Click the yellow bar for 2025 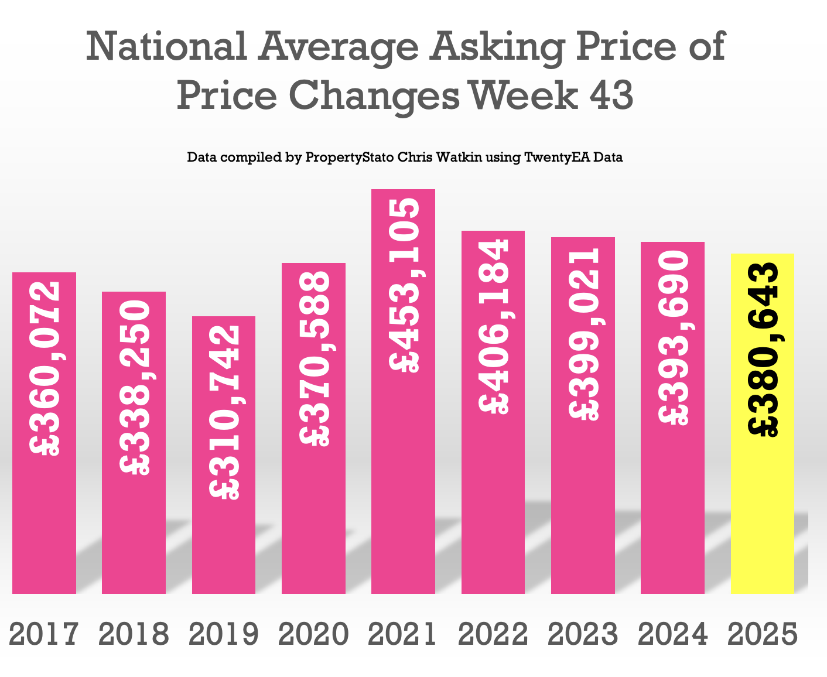(x=763, y=498)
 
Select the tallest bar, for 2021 (x=404, y=469)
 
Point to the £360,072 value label (x=45, y=369)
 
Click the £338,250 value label (x=135, y=387)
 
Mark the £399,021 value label (x=583, y=333)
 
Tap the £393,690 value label (x=673, y=337)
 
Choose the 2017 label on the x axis (x=44, y=634)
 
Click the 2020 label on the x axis (x=314, y=634)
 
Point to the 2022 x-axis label (x=493, y=634)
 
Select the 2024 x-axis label (x=673, y=634)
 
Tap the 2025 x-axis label (x=763, y=634)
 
